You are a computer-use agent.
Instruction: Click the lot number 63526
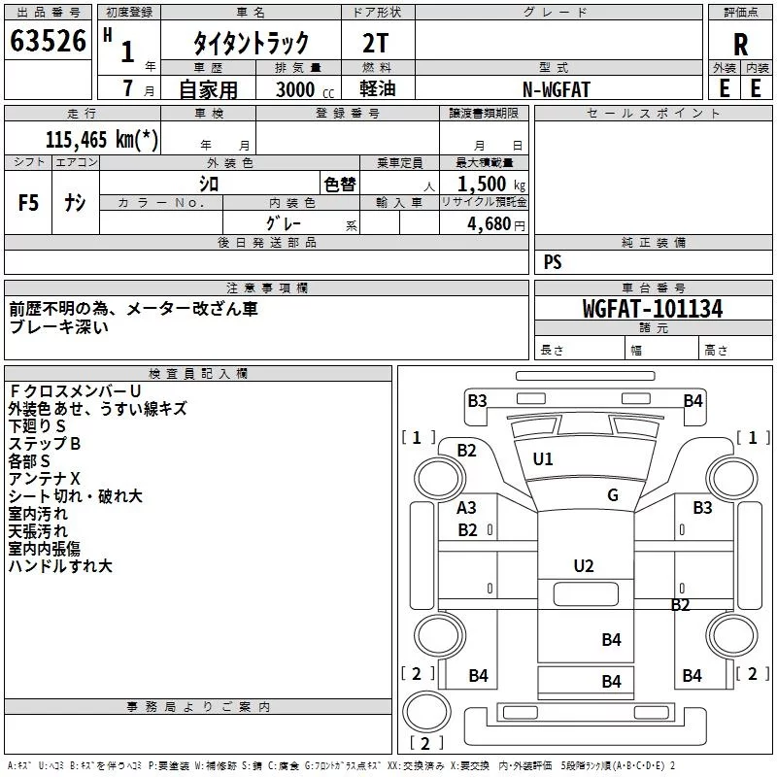[x=48, y=41]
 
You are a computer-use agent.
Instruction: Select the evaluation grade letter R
[x=740, y=45]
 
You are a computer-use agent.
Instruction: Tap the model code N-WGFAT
[x=557, y=89]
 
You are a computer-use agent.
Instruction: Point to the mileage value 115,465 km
[x=102, y=139]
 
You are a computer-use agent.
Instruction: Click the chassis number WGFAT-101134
[x=653, y=309]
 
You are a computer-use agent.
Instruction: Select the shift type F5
[x=28, y=203]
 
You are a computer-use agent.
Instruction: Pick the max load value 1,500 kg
[x=491, y=185]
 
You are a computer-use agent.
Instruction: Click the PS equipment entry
[x=553, y=262]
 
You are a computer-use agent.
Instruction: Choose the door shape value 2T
[x=375, y=43]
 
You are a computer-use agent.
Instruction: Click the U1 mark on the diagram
[x=543, y=459]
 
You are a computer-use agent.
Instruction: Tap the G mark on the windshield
[x=613, y=495]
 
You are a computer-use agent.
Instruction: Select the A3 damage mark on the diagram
[x=466, y=508]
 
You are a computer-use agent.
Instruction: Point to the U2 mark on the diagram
[x=584, y=566]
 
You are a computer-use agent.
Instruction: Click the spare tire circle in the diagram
[x=426, y=712]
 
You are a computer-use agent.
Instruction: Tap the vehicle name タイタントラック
[x=251, y=43]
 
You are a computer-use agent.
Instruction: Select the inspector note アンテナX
[x=44, y=479]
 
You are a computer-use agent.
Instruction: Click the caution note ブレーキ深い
[x=58, y=327]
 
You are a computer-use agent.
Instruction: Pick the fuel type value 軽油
[x=378, y=88]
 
